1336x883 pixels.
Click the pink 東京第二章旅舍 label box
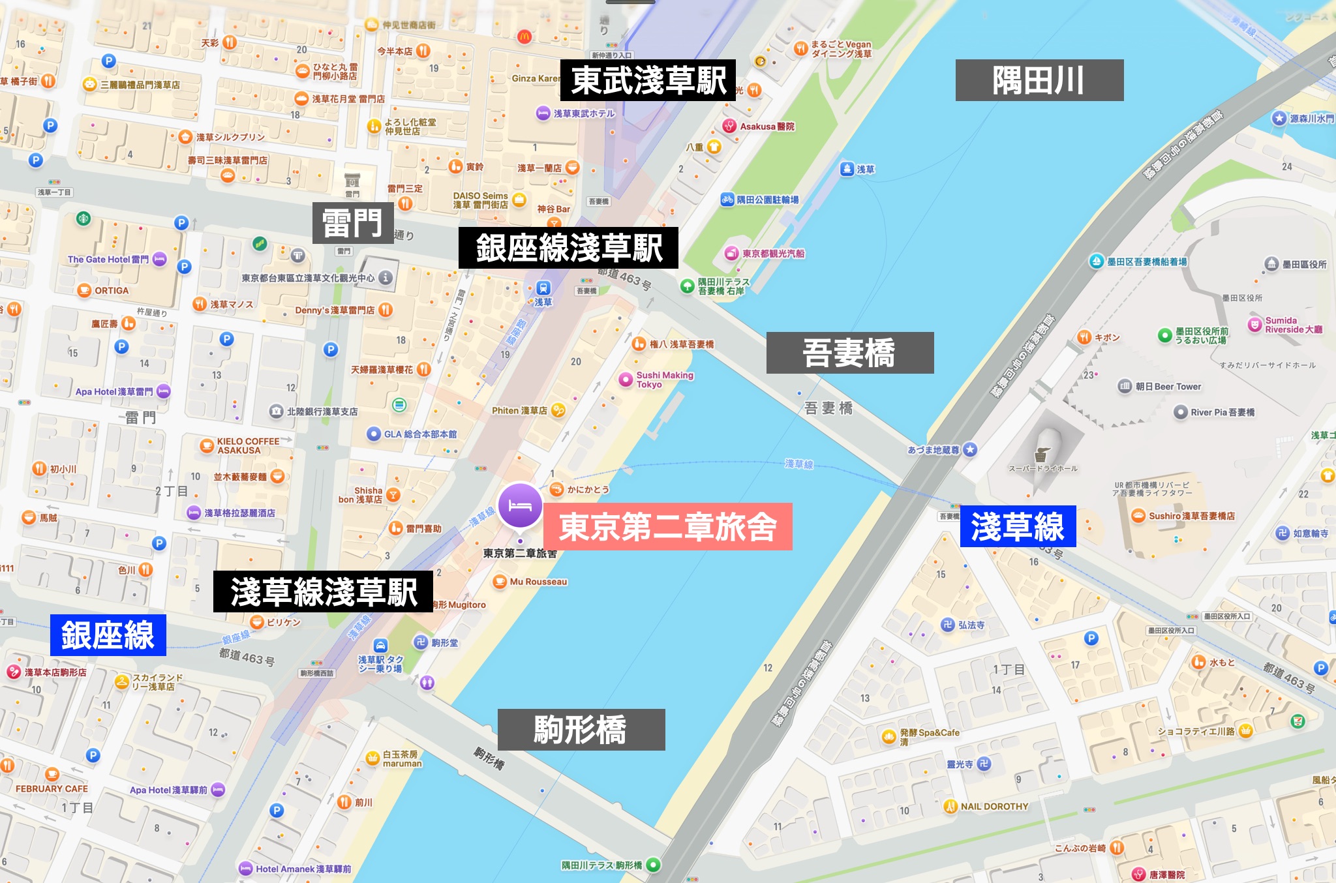click(667, 526)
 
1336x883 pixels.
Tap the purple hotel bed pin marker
click(520, 505)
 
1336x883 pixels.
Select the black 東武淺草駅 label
click(648, 80)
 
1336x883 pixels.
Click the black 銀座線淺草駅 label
click(568, 248)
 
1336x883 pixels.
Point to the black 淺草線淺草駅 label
click(323, 591)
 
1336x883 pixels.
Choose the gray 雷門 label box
click(352, 223)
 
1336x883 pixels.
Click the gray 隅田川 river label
click(1039, 80)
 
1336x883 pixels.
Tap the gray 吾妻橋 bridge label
click(849, 353)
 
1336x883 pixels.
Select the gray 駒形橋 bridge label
click(581, 730)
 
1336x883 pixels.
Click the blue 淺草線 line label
click(1018, 526)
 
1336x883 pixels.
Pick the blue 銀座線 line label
click(108, 635)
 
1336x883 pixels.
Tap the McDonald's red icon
click(524, 37)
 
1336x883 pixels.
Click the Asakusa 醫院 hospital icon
click(729, 126)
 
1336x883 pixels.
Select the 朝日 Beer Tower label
click(1168, 386)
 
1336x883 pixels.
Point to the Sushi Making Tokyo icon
click(626, 380)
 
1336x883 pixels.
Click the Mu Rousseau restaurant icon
click(500, 582)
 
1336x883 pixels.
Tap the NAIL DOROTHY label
click(994, 807)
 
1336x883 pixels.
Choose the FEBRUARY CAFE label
click(52, 788)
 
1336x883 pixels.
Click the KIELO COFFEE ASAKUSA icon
click(207, 445)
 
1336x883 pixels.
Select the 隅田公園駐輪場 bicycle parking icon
click(727, 200)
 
